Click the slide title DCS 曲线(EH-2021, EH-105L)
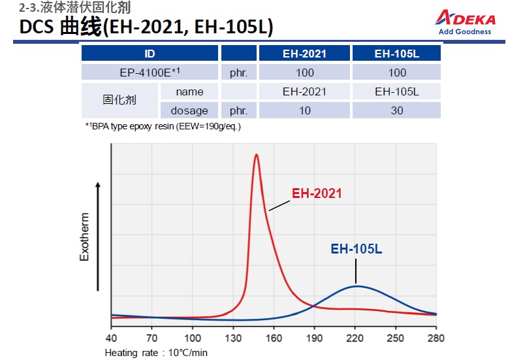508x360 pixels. pos(146,27)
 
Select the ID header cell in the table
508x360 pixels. pos(150,54)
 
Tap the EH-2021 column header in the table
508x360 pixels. pos(305,54)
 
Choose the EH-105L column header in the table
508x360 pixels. pos(397,54)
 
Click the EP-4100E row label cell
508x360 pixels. pos(150,73)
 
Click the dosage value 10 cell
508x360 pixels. pos(305,110)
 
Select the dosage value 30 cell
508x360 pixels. pos(397,110)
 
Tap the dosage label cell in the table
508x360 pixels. pos(189,110)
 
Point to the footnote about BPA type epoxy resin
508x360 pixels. pos(163,126)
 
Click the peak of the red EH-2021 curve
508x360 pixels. pos(257,155)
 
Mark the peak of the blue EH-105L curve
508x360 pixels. pos(356,286)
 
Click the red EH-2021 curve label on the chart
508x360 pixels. pos(317,193)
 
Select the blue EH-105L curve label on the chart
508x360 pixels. pos(357,248)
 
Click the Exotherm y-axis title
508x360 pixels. pos(84,236)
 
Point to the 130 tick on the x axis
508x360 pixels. pos(233,338)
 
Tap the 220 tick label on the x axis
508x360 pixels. pos(355,338)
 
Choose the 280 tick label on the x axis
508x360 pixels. pos(436,338)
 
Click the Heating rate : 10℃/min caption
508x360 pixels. pos(156,352)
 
